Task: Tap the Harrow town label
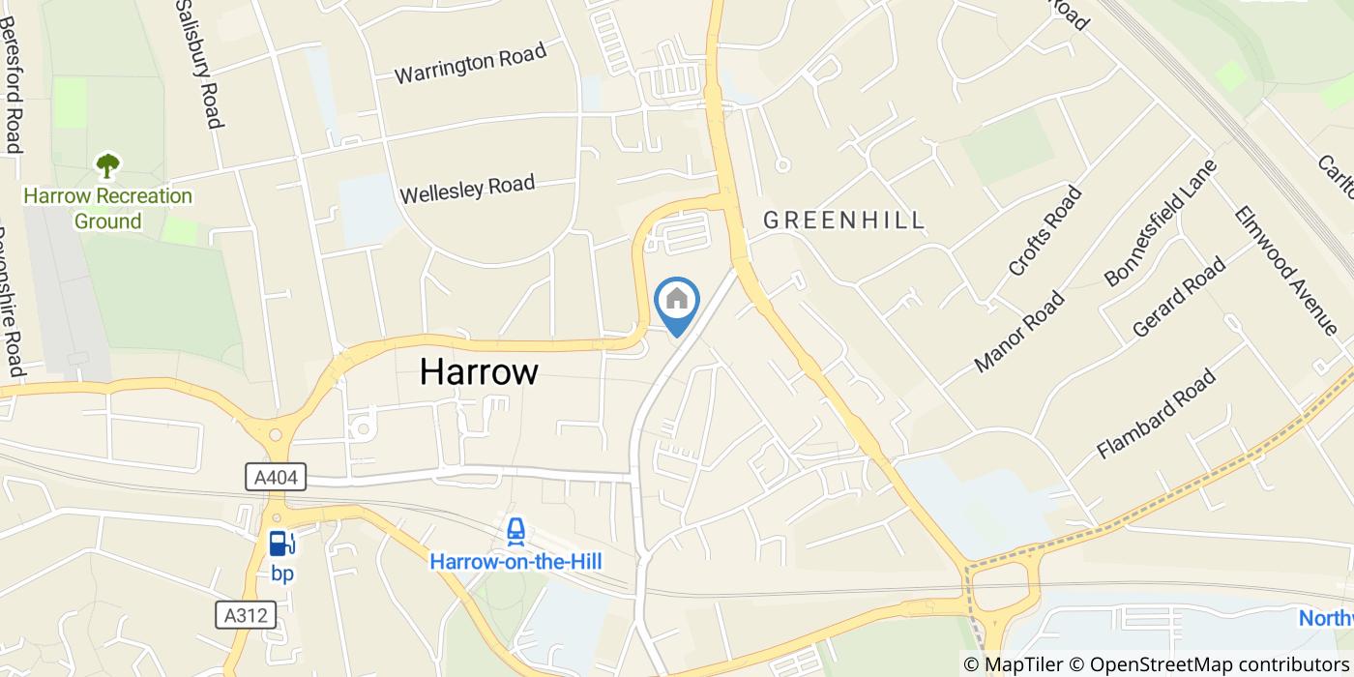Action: (479, 371)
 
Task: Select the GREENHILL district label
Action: (844, 221)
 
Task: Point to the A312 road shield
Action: (246, 614)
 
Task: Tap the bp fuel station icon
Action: (281, 544)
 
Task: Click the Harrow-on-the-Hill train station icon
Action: (516, 531)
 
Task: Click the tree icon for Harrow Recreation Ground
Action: (107, 165)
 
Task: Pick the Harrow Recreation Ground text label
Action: (108, 209)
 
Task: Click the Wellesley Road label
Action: (467, 188)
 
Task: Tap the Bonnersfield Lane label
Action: (1161, 222)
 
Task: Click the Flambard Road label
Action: (1156, 415)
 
